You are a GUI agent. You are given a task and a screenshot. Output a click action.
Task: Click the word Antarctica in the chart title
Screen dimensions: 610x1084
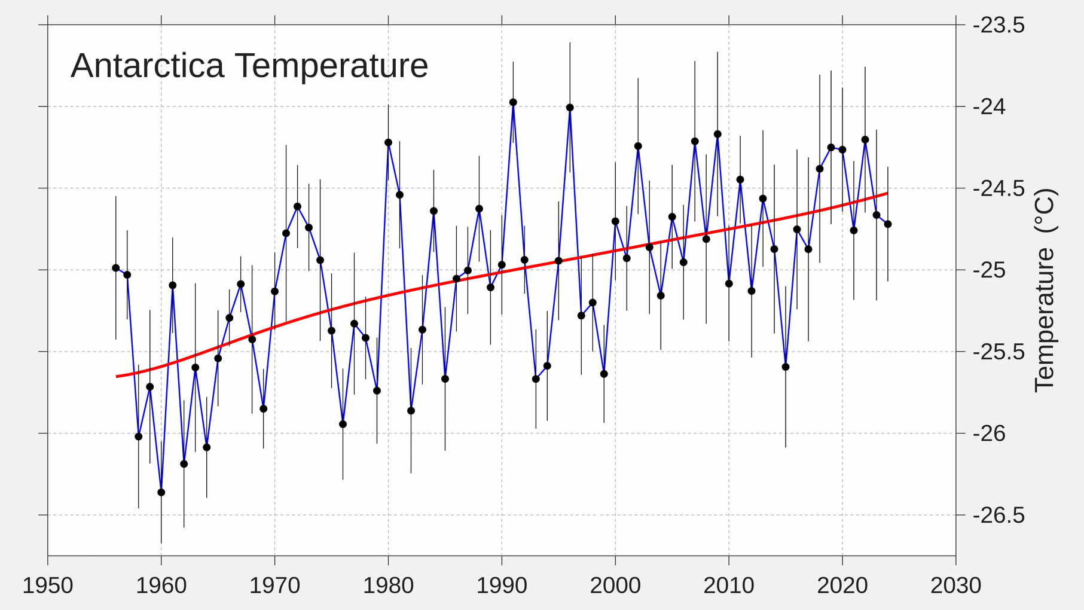click(x=147, y=66)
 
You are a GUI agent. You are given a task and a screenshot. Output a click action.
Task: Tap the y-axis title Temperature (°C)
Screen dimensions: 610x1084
click(x=1045, y=291)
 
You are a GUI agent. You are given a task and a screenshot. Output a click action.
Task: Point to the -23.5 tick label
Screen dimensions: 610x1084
click(x=998, y=26)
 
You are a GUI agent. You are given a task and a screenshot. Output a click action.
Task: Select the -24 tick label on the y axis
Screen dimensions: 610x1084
click(x=989, y=107)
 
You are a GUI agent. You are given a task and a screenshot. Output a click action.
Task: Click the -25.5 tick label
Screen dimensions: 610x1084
click(x=998, y=352)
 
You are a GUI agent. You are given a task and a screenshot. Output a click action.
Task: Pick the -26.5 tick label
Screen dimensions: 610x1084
click(x=998, y=516)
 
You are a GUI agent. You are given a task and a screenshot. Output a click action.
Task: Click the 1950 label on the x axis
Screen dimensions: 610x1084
click(x=48, y=586)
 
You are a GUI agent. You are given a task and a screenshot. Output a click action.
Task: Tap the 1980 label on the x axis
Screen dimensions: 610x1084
click(x=388, y=586)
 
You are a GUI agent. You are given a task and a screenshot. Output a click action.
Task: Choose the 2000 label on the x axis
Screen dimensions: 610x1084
click(x=615, y=586)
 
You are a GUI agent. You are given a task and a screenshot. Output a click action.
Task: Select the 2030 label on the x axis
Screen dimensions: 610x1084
click(x=955, y=586)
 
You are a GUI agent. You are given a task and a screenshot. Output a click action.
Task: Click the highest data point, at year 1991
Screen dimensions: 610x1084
click(x=513, y=103)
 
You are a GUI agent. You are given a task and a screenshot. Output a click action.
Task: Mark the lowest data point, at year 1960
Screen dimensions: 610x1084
click(x=161, y=493)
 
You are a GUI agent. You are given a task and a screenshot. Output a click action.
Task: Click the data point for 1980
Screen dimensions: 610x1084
click(x=388, y=143)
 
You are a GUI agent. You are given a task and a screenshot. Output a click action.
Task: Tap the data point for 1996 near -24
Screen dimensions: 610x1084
click(x=570, y=108)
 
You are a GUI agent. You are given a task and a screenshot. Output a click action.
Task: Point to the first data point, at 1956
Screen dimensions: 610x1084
click(x=116, y=269)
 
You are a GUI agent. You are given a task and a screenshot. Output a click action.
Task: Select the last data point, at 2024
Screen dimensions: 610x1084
click(x=888, y=224)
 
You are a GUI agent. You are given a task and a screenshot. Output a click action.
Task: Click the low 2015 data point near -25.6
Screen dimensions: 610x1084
click(x=786, y=367)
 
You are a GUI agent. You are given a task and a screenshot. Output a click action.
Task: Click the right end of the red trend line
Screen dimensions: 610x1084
click(x=887, y=194)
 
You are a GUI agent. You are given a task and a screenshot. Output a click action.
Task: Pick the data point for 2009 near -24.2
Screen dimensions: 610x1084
click(x=717, y=135)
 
